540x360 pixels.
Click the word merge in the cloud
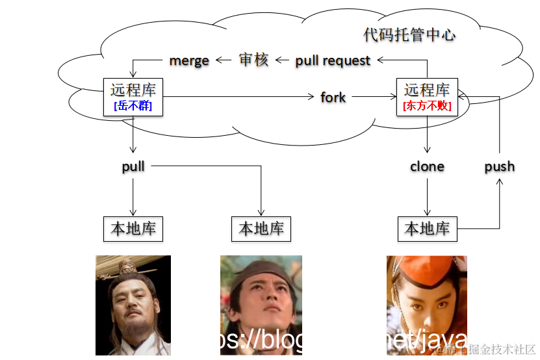click(x=189, y=60)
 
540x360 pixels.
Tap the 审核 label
click(x=253, y=60)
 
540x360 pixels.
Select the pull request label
click(x=333, y=60)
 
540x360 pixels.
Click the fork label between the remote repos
click(x=333, y=97)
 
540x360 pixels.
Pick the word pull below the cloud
click(x=133, y=166)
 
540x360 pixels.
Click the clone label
click(x=427, y=166)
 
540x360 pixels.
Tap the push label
click(x=500, y=166)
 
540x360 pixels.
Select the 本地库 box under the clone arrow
click(x=427, y=229)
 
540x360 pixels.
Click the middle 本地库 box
click(x=261, y=229)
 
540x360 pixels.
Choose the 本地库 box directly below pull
click(x=133, y=229)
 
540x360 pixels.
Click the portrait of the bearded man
click(x=133, y=305)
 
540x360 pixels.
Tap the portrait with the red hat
click(x=426, y=305)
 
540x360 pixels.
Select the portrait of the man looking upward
click(x=261, y=305)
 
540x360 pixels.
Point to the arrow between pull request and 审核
click(x=281, y=60)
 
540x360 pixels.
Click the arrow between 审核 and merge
click(x=224, y=60)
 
